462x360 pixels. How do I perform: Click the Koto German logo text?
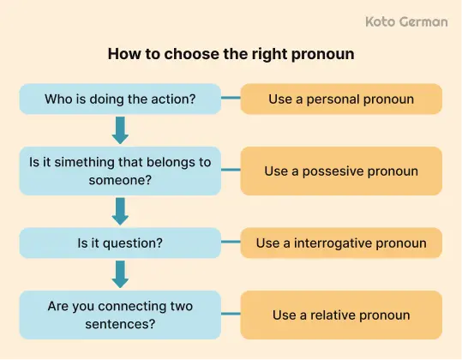point(405,21)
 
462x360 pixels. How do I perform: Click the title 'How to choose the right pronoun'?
point(231,53)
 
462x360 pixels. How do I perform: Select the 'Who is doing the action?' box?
point(120,99)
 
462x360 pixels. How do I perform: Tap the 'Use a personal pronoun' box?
point(341,99)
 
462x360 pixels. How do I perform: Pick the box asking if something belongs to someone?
point(120,171)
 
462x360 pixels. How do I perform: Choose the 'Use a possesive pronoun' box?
point(341,171)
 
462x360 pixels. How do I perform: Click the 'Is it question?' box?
point(120,243)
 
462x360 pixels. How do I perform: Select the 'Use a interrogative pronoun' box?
point(341,243)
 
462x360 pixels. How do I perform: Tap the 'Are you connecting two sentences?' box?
point(120,315)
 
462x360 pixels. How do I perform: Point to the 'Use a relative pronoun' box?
point(341,315)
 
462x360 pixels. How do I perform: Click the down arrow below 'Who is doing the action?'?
point(120,130)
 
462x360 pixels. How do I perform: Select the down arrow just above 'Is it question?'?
point(120,211)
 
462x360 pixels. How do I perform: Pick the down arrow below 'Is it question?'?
point(120,274)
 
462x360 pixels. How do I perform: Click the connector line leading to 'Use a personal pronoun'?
point(231,99)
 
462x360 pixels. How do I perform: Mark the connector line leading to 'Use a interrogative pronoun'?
point(231,243)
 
